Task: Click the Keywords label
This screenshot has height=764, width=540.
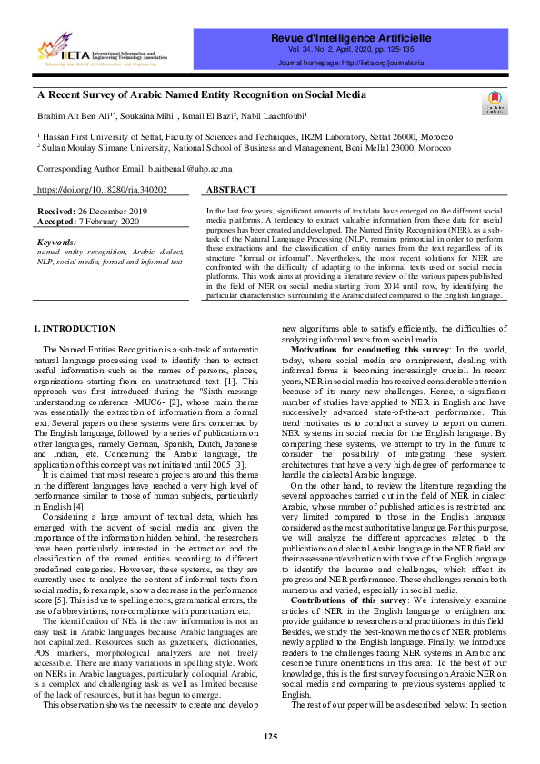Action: coord(56,243)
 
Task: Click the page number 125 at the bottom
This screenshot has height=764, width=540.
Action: coord(270,736)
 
